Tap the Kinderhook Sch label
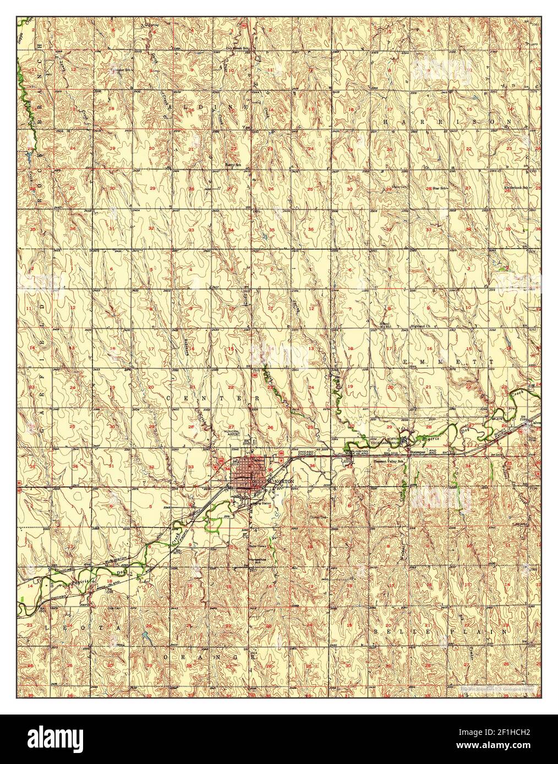(516, 188)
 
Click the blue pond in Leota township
(144, 636)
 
